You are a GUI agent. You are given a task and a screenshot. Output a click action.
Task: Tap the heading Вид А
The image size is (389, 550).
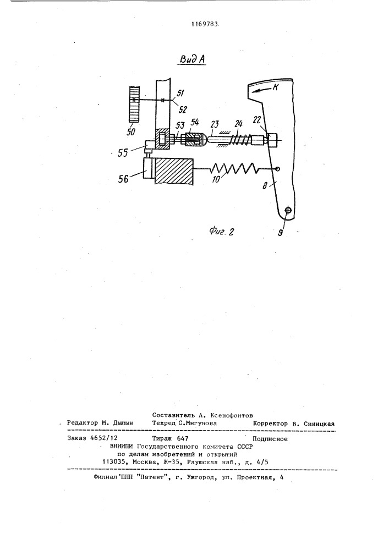(192, 59)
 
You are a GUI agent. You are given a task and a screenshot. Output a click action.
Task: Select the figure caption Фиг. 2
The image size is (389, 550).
(221, 231)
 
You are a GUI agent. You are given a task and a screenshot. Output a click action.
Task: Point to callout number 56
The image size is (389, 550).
(124, 179)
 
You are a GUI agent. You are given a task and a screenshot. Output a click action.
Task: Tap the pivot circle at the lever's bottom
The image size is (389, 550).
(288, 211)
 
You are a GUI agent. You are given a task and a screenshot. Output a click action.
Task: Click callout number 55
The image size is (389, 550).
(123, 153)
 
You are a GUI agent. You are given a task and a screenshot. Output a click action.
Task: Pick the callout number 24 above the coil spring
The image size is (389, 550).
(239, 124)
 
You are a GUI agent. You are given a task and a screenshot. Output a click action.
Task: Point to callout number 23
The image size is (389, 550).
(215, 125)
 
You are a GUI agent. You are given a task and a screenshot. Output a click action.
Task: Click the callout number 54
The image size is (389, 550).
(194, 123)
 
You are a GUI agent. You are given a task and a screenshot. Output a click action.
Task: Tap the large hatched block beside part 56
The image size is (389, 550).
(174, 172)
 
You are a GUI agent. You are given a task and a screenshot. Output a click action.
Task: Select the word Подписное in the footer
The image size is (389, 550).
(270, 438)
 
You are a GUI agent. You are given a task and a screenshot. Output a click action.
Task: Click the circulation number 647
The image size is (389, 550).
(183, 438)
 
